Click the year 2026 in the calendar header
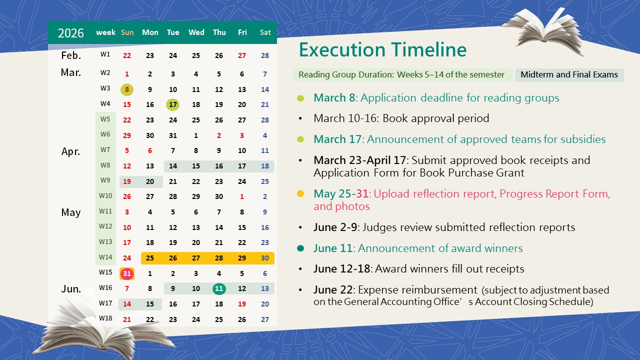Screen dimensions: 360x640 coord(70,33)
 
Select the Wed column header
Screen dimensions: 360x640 coord(196,32)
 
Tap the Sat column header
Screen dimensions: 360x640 coord(265,32)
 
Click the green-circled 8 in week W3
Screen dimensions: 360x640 coord(127,89)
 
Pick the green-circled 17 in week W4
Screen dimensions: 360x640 coord(173,104)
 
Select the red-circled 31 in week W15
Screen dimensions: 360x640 coord(127,273)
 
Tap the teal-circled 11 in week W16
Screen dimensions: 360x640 coord(219,288)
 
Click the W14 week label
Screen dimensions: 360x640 coord(105,257)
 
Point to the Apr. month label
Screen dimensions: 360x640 coord(71,151)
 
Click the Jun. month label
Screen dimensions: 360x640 coord(71,289)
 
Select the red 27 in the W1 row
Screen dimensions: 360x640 coord(242,55)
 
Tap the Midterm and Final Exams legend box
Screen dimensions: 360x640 coord(569,75)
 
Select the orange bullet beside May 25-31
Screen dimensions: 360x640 coord(300,193)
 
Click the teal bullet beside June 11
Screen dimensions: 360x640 coord(300,248)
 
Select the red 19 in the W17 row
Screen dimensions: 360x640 coord(242,304)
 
